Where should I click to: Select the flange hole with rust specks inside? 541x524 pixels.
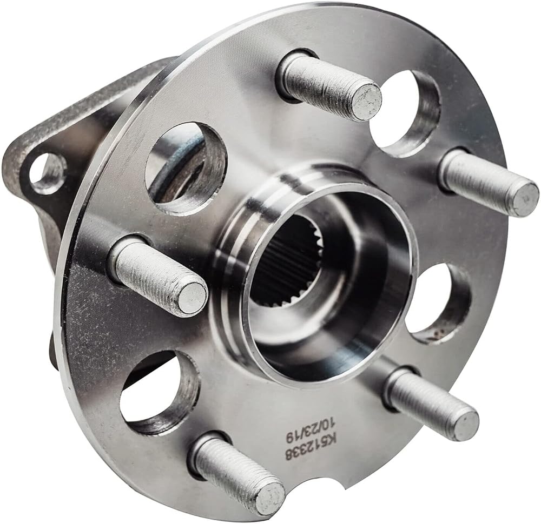438,304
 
